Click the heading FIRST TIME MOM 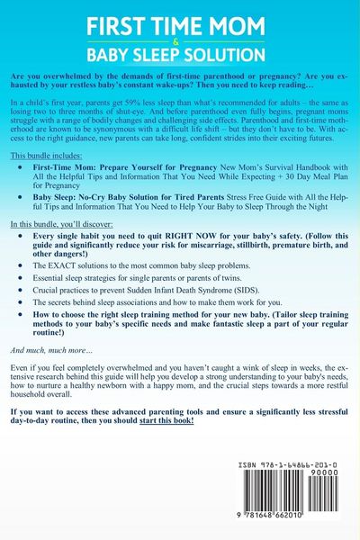click(180, 19)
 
